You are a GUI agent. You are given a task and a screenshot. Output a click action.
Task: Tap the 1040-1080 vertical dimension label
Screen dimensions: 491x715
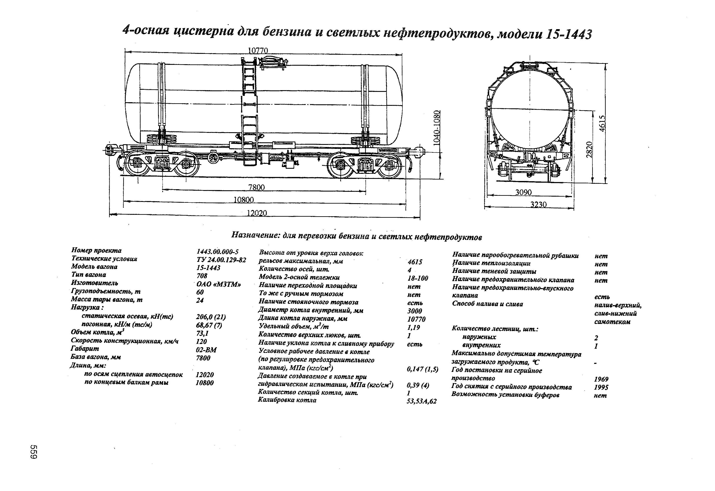(x=437, y=128)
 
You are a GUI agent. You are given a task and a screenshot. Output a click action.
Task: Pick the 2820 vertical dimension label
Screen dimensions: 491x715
(x=589, y=150)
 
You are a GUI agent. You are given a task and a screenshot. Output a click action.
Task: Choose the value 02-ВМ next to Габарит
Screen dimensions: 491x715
(x=206, y=350)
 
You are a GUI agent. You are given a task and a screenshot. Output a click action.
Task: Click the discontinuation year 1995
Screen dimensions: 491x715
(x=601, y=387)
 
